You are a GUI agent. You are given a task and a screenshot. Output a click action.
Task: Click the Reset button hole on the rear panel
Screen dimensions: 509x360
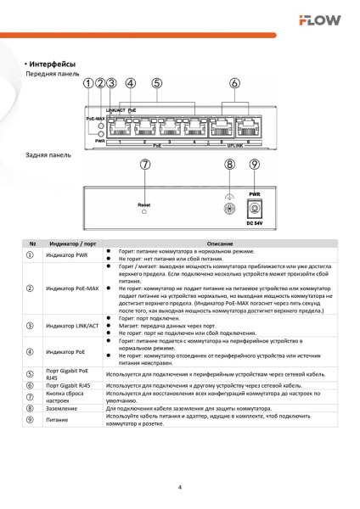click(x=144, y=212)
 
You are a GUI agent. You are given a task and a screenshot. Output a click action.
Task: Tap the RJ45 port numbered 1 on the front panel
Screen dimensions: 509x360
click(x=121, y=129)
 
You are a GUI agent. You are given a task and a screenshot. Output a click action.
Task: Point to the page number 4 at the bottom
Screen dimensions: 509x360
click(x=180, y=488)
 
